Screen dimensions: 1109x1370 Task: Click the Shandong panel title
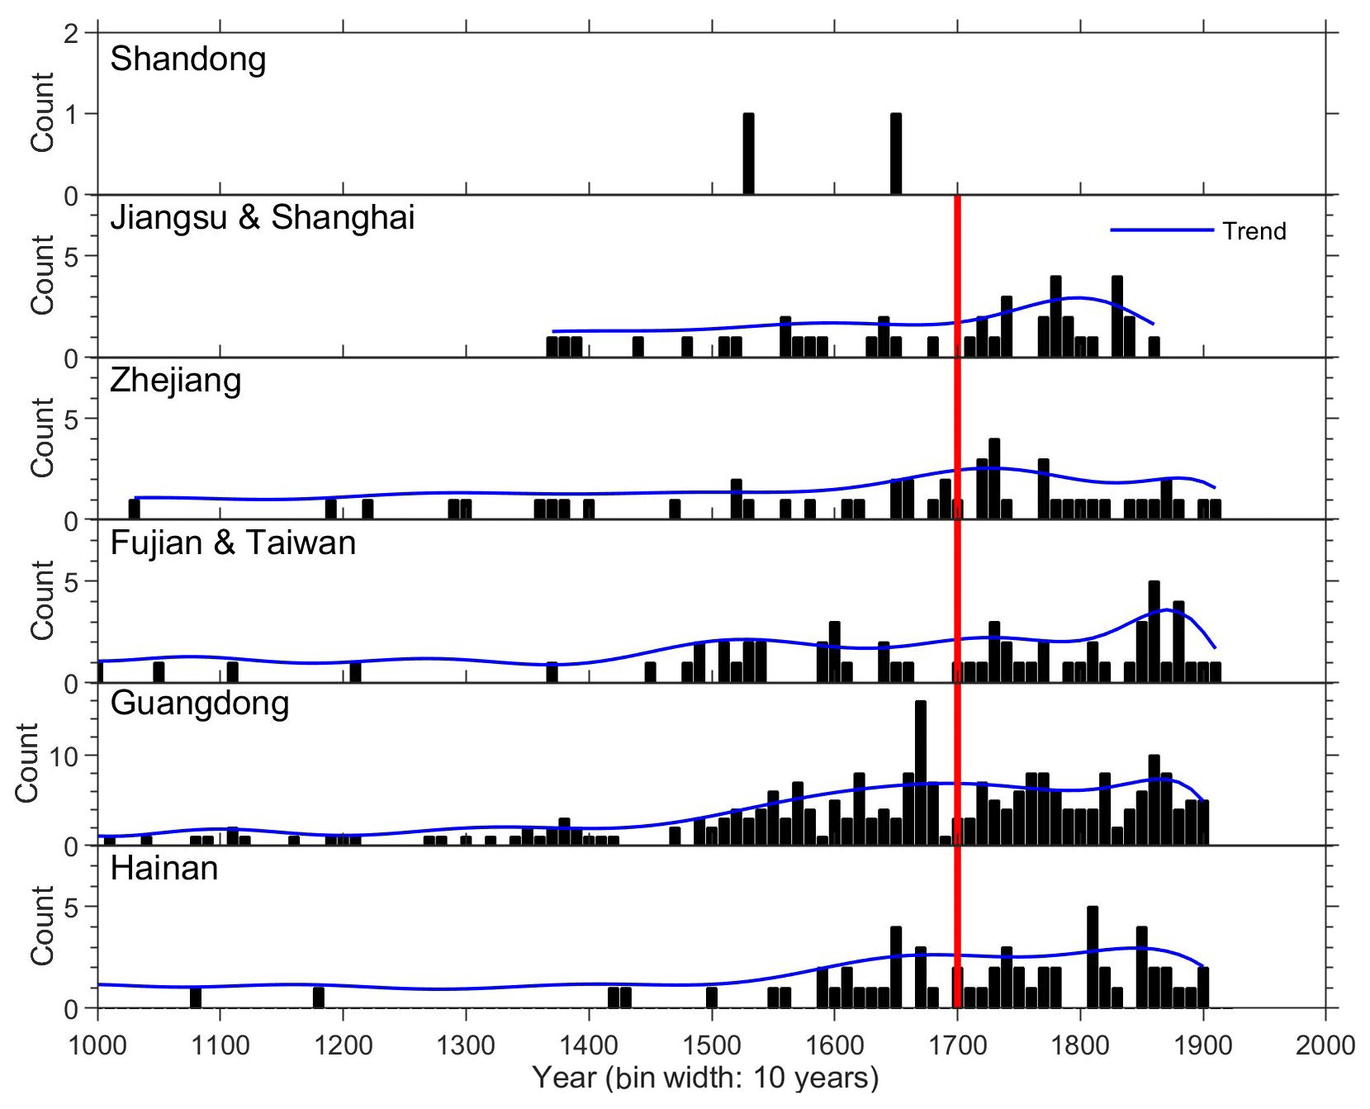[x=188, y=59]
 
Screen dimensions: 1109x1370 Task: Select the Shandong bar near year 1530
[x=748, y=154]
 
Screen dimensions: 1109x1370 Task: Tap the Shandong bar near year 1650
[x=896, y=154]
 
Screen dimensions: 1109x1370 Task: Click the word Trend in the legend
[x=1254, y=231]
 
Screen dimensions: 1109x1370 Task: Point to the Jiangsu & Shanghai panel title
[x=262, y=218]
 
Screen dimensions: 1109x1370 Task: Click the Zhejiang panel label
[x=176, y=381]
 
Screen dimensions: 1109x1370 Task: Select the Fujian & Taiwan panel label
[x=233, y=543]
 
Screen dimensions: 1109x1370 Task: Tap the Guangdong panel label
[x=200, y=704]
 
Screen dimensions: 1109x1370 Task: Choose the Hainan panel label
[x=164, y=869]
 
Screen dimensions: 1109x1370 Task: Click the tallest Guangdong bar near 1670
[x=921, y=772]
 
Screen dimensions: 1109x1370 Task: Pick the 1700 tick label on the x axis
[x=957, y=1045]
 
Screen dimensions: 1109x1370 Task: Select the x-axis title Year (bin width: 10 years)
[x=705, y=1078]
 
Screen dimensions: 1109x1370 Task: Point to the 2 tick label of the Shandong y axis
[x=72, y=35]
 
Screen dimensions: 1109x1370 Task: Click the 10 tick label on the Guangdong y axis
[x=64, y=756]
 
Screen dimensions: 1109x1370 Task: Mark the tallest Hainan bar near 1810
[x=1093, y=956]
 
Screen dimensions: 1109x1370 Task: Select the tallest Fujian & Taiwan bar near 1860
[x=1154, y=632]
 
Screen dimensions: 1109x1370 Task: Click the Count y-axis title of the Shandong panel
[x=43, y=112]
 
